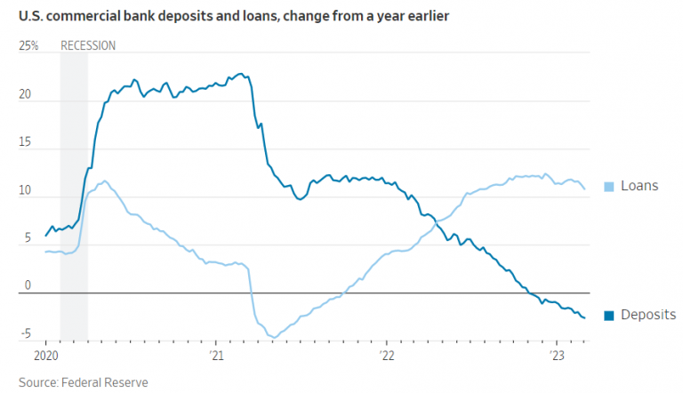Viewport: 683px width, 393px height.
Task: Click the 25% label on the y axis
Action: tap(28, 45)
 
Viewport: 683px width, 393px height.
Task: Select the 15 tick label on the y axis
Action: tap(26, 143)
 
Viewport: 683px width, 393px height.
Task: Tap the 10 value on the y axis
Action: tap(26, 191)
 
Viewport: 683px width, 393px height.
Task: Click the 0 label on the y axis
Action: tap(28, 285)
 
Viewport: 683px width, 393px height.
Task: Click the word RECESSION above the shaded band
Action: tap(87, 45)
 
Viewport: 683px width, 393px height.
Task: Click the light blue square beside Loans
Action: tap(609, 187)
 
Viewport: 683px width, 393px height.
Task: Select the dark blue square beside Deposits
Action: tap(609, 316)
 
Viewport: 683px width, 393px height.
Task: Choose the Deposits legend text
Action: tap(648, 316)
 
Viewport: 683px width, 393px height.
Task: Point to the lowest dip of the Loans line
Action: tap(274, 337)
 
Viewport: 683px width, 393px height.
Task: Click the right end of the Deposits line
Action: tap(584, 317)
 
